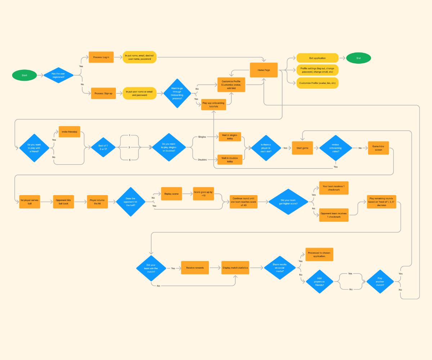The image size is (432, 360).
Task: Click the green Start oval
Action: point(24,75)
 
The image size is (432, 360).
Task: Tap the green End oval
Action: point(358,58)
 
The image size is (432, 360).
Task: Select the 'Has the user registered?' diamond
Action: point(58,75)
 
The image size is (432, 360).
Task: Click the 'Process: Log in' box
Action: point(101,57)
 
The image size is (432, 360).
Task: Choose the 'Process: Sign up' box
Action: point(103,93)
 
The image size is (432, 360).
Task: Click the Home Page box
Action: point(264,70)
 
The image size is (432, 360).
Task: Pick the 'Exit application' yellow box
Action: point(317,58)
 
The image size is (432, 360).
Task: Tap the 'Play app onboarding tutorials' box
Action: point(213,104)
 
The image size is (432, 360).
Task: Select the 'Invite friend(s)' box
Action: point(70,132)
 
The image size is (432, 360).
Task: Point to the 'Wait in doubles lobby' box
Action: point(230,159)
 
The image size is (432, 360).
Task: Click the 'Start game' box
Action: point(302,148)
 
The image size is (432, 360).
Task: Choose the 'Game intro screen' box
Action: point(378,148)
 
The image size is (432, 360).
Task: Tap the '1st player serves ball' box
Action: point(30,202)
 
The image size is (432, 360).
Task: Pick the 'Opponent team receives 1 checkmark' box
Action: point(334,215)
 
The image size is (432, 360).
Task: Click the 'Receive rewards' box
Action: point(195,267)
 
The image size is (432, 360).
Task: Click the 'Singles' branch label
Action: point(202,137)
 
